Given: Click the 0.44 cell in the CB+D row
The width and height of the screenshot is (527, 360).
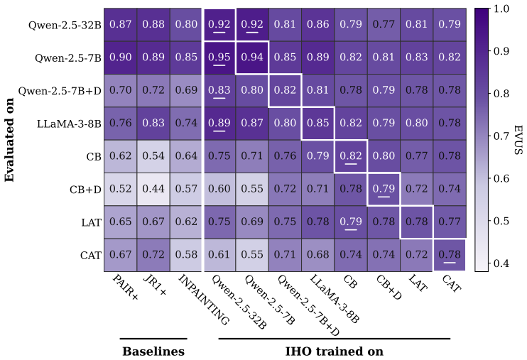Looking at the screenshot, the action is click(153, 189).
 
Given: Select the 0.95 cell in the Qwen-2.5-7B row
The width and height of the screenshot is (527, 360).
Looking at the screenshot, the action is click(219, 58).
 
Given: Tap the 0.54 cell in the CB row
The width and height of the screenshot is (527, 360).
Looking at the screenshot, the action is click(153, 156).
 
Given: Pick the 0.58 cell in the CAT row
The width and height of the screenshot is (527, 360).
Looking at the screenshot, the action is click(187, 255).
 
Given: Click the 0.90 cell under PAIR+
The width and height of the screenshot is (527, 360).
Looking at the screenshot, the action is click(121, 58).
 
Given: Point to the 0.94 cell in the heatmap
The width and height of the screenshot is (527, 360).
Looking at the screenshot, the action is click(252, 58).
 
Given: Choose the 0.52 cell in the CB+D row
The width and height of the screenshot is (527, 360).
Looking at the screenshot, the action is click(121, 189).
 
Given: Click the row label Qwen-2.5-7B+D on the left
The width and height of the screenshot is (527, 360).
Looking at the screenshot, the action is click(60, 91).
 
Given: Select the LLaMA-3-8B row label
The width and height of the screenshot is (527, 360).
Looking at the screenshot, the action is click(69, 124).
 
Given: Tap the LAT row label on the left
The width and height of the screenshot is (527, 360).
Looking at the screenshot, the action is click(91, 222).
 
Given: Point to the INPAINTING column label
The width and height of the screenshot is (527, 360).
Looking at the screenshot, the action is click(204, 300).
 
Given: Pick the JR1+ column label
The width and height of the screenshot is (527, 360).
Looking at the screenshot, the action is click(155, 285).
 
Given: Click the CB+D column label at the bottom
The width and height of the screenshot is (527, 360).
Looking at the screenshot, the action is click(389, 287).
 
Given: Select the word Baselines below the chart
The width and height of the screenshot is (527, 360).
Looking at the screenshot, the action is click(153, 351).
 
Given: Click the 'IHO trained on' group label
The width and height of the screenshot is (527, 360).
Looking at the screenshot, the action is click(334, 351).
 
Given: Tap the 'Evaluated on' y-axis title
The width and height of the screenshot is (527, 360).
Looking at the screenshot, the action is click(9, 140).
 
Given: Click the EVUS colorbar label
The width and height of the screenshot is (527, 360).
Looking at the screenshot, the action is click(518, 140).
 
